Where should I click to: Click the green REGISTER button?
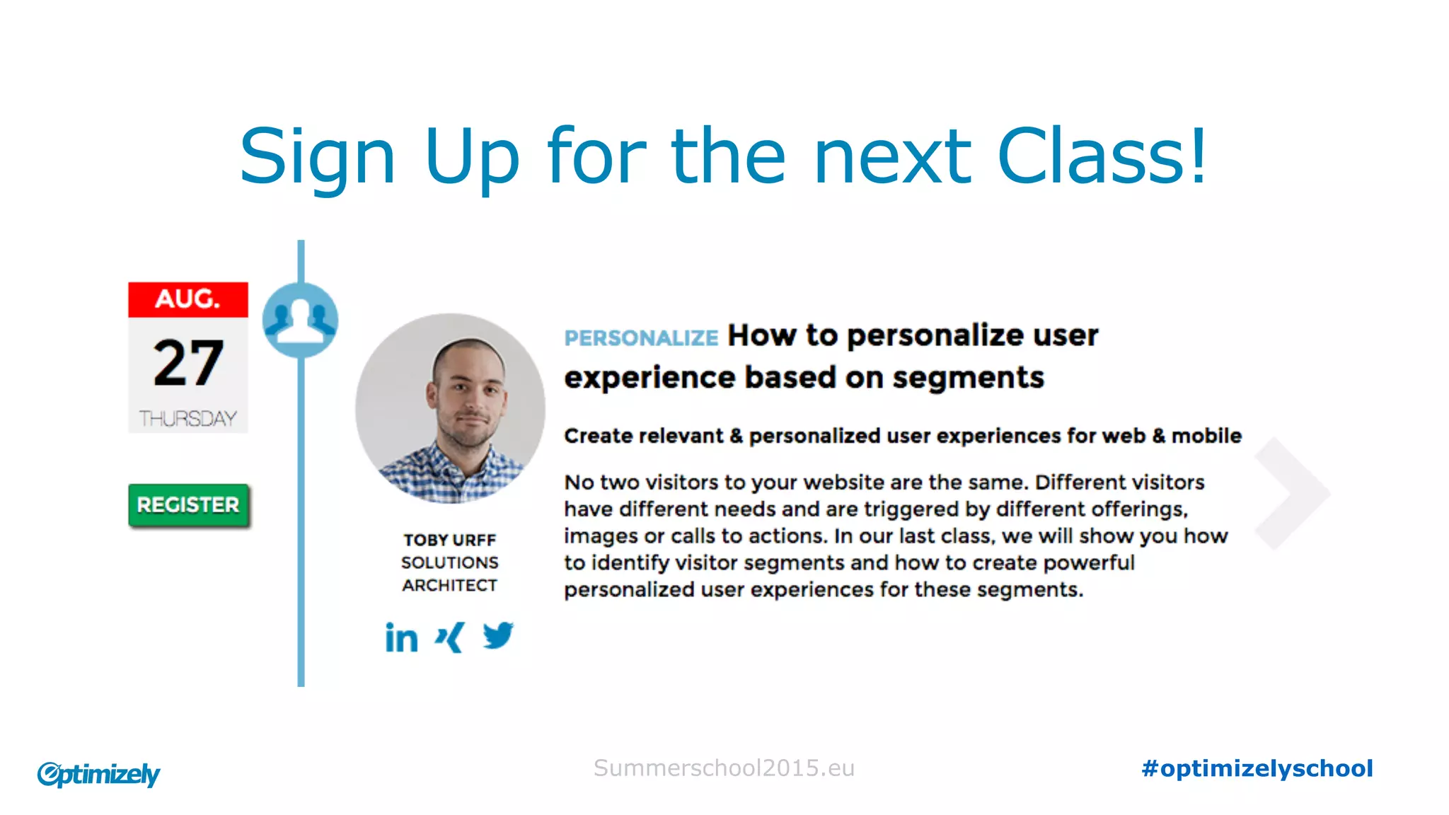pos(188,505)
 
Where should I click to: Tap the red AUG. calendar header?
pos(188,299)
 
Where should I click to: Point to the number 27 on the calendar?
pos(188,363)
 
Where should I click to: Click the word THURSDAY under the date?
pos(188,419)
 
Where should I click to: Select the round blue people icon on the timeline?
pos(300,320)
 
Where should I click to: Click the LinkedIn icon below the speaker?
pos(401,637)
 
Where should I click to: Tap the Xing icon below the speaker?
pos(450,637)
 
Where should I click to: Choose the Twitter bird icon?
pos(498,635)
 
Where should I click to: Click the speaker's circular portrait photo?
pos(451,408)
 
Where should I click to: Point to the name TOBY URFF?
pos(450,540)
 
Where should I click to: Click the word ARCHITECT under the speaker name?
pos(450,585)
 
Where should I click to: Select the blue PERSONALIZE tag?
pos(641,338)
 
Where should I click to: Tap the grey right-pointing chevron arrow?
pos(1293,493)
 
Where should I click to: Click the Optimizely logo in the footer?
pos(99,774)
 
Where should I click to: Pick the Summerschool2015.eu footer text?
pos(724,768)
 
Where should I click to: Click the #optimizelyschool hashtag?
pos(1257,768)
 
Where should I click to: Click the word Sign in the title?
pos(317,157)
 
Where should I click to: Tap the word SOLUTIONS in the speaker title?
pos(450,562)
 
